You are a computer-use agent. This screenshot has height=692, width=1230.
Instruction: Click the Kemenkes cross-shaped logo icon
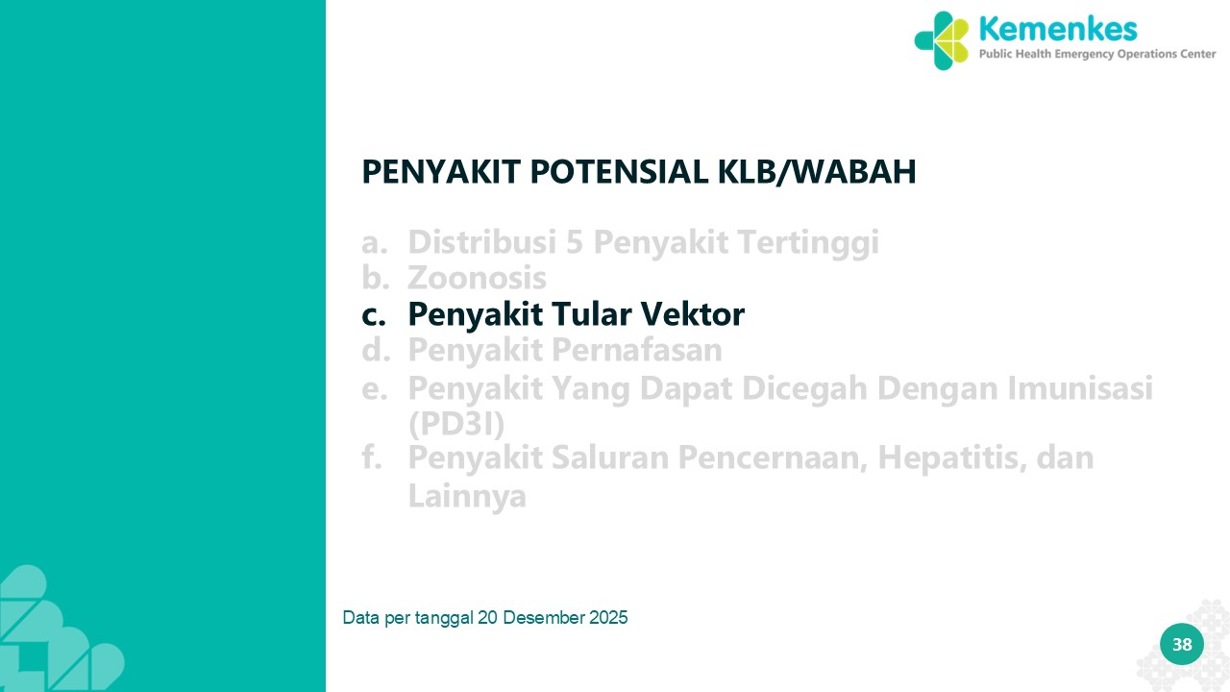coord(941,40)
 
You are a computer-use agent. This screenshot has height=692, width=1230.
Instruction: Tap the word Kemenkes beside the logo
coord(1058,29)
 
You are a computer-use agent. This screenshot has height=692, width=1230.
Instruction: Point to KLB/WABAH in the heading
coord(817,172)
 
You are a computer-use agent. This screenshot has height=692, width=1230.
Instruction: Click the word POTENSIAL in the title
coord(619,171)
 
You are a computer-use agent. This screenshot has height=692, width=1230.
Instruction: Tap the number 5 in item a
coord(574,242)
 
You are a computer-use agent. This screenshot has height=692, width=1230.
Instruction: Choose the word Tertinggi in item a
coord(808,244)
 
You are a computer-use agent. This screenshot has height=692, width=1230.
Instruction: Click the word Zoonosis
coord(477,278)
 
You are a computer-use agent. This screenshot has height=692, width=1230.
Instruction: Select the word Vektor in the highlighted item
coord(693,313)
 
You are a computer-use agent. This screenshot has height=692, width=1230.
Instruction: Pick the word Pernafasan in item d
coord(636,349)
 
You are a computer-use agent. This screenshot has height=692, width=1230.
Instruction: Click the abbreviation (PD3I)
coord(456,424)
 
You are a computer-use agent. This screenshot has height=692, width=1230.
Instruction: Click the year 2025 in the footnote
coord(608,618)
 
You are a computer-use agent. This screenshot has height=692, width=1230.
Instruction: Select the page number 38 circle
coord(1182,644)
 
